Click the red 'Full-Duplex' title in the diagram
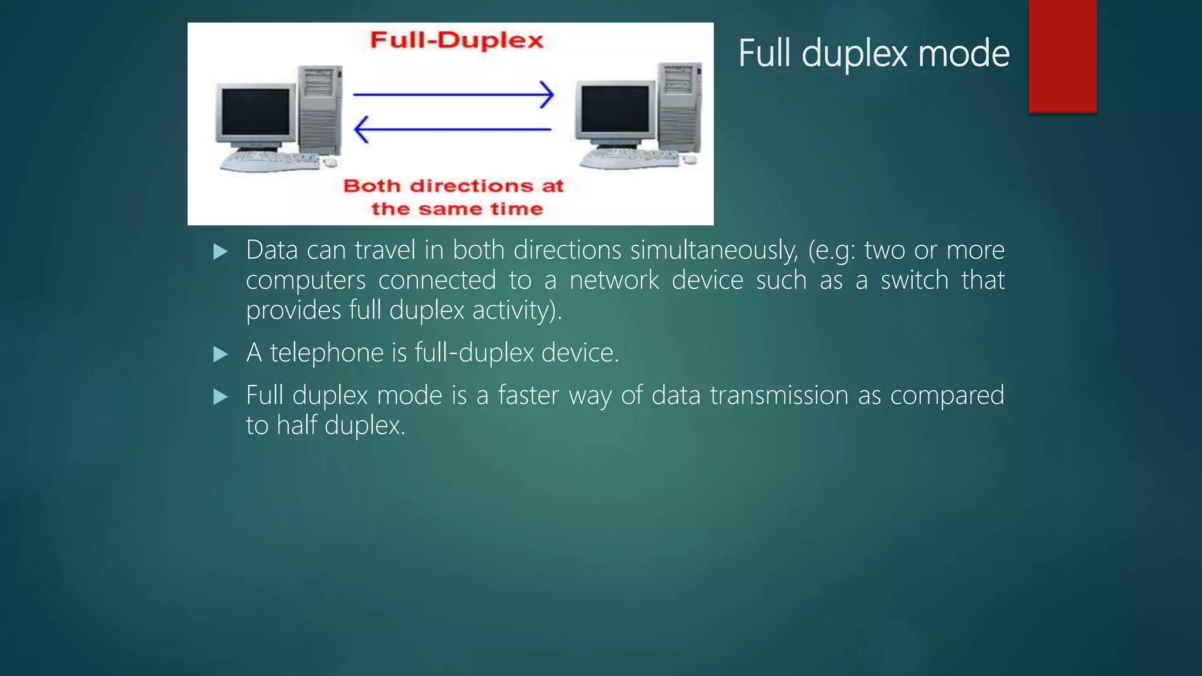click(457, 40)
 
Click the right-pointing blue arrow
click(453, 94)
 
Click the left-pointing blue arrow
click(453, 129)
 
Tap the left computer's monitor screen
click(256, 112)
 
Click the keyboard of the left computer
click(270, 161)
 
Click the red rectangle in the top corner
click(1062, 56)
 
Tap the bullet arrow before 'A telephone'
click(221, 354)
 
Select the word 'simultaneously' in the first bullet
click(714, 251)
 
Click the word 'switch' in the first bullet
click(914, 280)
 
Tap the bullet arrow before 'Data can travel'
click(221, 252)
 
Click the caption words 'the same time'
click(457, 209)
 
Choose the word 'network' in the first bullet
click(614, 280)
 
